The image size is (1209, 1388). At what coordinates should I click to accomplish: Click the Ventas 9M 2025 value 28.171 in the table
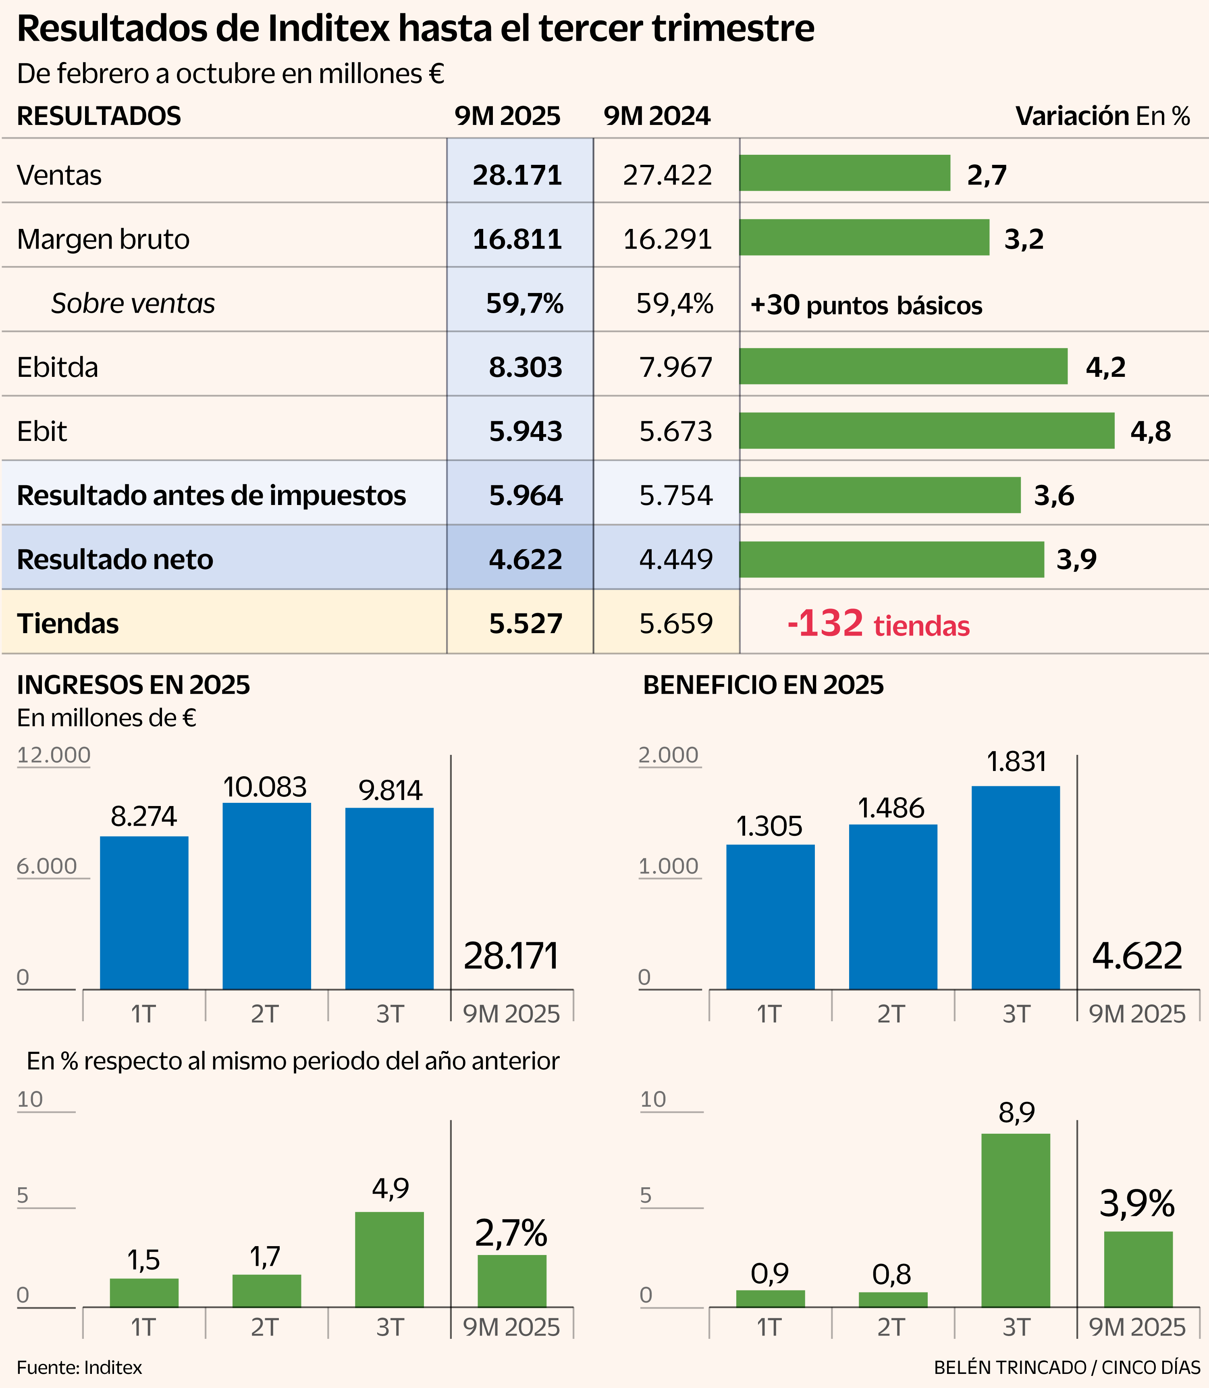click(x=517, y=175)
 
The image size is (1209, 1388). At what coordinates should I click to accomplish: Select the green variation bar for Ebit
click(x=926, y=430)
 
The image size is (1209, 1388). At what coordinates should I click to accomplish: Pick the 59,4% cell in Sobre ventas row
click(x=674, y=303)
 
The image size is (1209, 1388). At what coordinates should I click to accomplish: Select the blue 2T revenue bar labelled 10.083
click(x=266, y=896)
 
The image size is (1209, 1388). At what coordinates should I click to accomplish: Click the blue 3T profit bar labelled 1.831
click(x=1016, y=887)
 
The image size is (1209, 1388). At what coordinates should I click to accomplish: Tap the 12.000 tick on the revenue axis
click(x=53, y=755)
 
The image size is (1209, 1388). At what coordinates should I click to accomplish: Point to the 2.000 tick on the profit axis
click(x=669, y=755)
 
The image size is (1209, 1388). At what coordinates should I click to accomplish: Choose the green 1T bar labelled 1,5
click(x=144, y=1292)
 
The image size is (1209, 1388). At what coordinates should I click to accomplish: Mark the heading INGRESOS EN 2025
click(x=133, y=685)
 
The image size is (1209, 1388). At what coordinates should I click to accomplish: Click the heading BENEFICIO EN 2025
click(x=763, y=685)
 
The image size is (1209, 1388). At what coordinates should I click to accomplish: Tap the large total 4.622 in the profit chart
click(x=1137, y=956)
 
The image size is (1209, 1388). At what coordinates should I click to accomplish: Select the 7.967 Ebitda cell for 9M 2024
click(x=675, y=368)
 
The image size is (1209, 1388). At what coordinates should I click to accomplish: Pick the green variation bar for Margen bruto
click(x=864, y=237)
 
